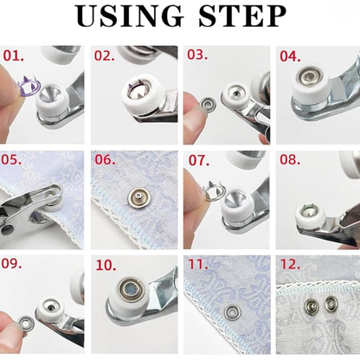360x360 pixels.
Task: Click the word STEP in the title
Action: [243, 17]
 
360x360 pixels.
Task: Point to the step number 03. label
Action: [196, 55]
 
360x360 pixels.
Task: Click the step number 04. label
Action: [289, 56]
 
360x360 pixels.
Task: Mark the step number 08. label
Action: [289, 160]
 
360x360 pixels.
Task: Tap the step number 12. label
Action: [289, 265]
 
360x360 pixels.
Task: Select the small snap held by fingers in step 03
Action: [207, 106]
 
